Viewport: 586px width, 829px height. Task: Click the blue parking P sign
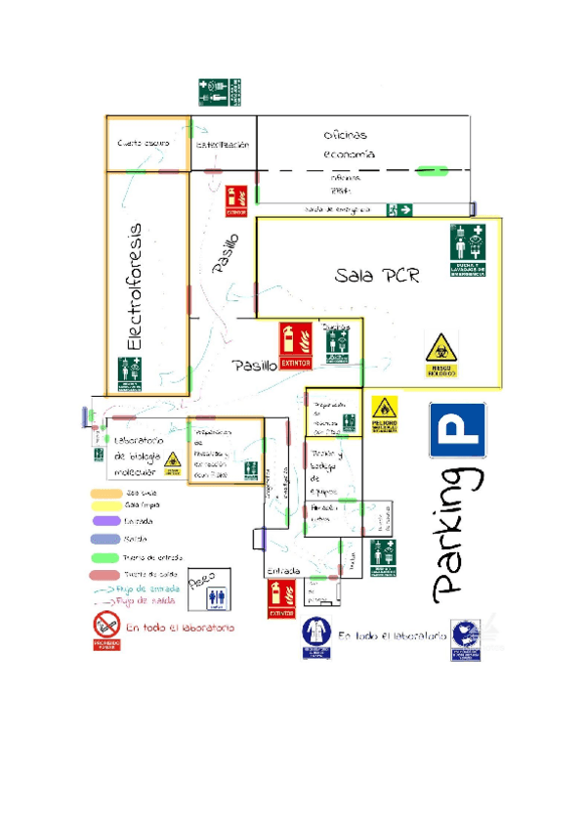click(458, 429)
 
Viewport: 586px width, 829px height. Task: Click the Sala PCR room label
click(377, 275)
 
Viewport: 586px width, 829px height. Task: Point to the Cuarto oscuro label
click(144, 144)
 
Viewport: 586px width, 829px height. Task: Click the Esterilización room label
click(223, 145)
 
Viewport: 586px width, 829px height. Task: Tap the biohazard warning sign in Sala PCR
click(441, 355)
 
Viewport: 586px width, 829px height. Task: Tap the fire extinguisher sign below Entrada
click(281, 598)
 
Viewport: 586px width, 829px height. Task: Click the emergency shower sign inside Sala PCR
click(468, 250)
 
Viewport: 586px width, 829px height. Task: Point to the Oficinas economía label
click(349, 145)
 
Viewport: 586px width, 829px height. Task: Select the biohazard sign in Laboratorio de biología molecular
click(173, 463)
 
